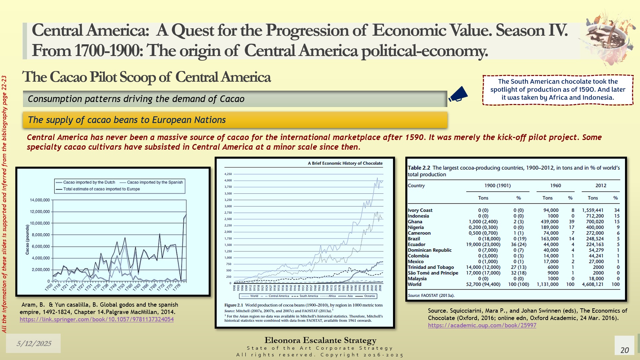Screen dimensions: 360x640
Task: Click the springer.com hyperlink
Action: pos(97,319)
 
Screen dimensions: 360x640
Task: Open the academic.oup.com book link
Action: pos(482,325)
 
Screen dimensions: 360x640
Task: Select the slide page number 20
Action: pos(624,350)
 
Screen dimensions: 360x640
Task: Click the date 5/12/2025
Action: pos(34,343)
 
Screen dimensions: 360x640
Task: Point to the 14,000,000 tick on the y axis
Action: pos(40,200)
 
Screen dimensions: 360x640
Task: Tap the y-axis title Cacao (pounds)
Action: pos(27,239)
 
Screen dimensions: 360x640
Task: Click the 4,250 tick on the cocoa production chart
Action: pos(228,174)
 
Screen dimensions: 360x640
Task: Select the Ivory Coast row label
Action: pos(420,210)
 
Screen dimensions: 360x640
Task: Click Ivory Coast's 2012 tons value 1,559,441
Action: pos(593,210)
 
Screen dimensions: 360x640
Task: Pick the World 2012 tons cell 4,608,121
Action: pos(593,284)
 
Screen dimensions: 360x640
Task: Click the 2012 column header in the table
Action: pos(601,186)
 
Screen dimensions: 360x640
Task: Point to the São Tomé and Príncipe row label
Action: pos(433,273)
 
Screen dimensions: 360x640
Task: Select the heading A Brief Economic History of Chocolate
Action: pos(345,163)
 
